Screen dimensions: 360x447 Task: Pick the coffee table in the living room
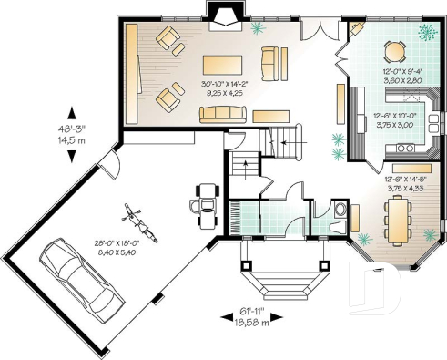(x=222, y=65)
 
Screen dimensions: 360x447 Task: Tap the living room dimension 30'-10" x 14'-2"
(x=222, y=88)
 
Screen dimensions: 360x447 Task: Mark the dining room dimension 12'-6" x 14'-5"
(x=400, y=185)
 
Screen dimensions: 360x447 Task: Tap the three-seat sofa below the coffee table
(x=222, y=113)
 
